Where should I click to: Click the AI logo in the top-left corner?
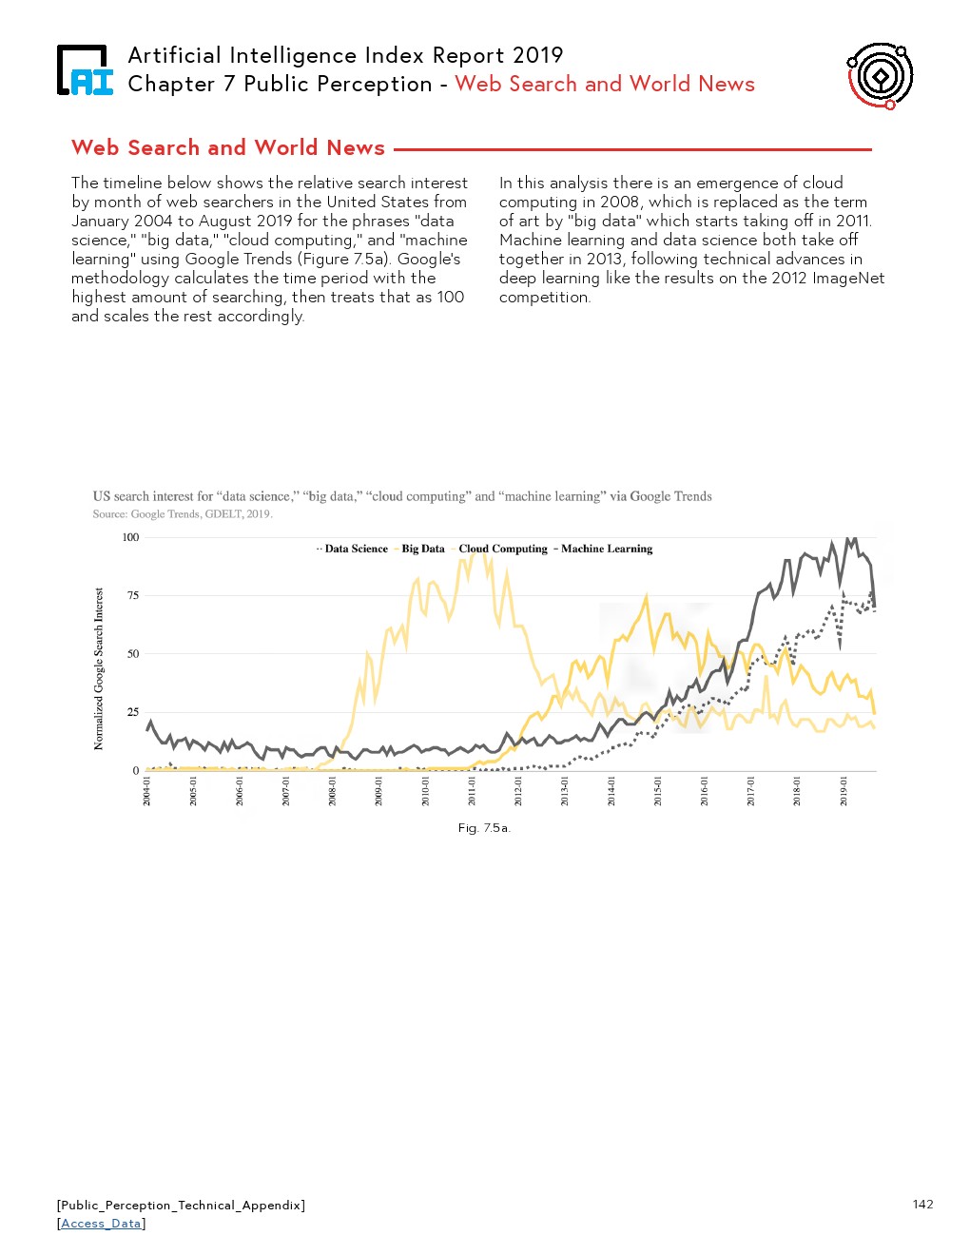click(x=85, y=70)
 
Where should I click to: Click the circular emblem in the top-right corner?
click(x=880, y=75)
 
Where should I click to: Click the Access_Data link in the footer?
click(x=101, y=1224)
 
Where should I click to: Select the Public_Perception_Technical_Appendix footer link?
click(x=181, y=1205)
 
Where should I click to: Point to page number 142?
click(x=922, y=1204)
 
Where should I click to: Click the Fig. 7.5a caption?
click(x=484, y=828)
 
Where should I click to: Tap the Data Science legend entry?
click(x=355, y=549)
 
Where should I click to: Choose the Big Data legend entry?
click(x=422, y=549)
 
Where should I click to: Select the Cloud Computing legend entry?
click(x=502, y=549)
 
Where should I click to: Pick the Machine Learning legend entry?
click(x=606, y=549)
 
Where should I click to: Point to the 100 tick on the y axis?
click(x=130, y=537)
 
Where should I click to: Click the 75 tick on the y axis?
click(x=133, y=595)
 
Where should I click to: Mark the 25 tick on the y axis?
click(x=133, y=712)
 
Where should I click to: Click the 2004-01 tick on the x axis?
click(x=147, y=791)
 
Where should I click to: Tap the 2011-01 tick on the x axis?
click(x=473, y=791)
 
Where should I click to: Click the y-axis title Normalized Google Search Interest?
click(x=99, y=668)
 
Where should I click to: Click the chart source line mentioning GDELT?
click(x=183, y=514)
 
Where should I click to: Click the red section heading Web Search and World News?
click(x=228, y=147)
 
